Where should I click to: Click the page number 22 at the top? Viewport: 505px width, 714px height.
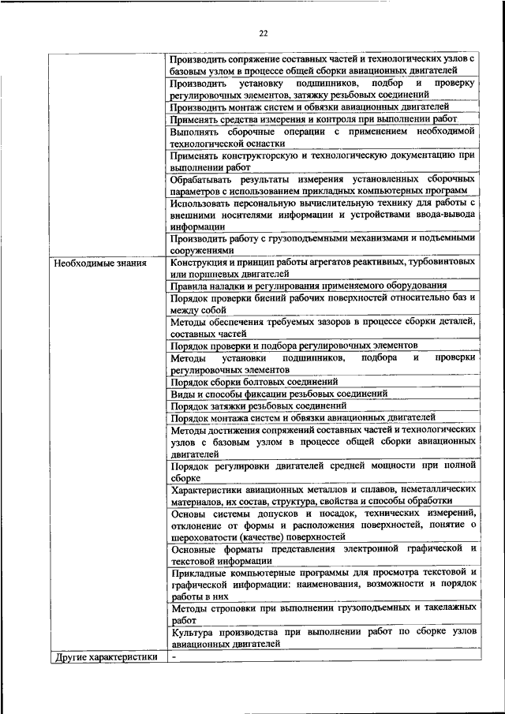(264, 32)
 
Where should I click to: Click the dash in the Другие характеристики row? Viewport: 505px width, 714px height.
(173, 656)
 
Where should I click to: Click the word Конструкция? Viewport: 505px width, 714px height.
(201, 262)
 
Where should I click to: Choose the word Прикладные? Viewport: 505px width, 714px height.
(200, 571)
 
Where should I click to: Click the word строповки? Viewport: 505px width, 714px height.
(230, 607)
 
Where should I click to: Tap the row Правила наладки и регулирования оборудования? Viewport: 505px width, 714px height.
(308, 286)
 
